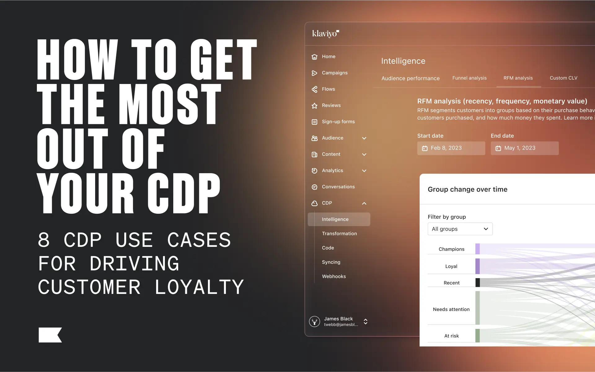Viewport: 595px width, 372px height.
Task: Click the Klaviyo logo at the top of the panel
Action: click(x=325, y=33)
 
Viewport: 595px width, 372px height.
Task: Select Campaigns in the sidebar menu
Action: click(x=334, y=73)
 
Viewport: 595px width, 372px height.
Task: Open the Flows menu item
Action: click(x=328, y=89)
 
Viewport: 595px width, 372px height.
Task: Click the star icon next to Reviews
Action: click(x=314, y=106)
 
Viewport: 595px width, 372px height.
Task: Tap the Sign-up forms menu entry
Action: click(x=338, y=122)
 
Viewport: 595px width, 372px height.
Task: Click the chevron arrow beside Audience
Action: click(x=364, y=138)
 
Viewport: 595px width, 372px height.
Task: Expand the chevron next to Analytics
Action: click(x=364, y=171)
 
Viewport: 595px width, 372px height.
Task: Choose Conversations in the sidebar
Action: click(x=338, y=187)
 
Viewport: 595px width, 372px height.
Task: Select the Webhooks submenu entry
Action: click(x=334, y=276)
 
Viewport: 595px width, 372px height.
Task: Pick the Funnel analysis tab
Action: click(x=469, y=78)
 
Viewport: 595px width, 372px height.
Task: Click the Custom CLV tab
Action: click(x=563, y=78)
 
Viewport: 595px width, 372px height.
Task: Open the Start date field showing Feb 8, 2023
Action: click(x=451, y=148)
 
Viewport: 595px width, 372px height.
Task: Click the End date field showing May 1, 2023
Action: click(x=524, y=148)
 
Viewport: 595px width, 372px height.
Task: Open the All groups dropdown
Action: click(x=460, y=229)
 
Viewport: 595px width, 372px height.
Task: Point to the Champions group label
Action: click(x=451, y=249)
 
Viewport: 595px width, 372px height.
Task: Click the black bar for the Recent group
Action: click(x=478, y=282)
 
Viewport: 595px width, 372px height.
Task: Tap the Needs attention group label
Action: click(x=451, y=309)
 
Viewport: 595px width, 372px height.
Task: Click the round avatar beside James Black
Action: click(x=314, y=322)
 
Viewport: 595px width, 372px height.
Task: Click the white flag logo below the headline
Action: click(x=50, y=335)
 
